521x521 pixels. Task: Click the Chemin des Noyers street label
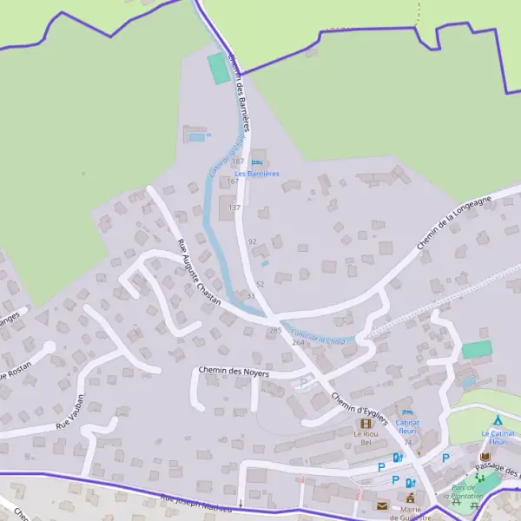click(x=234, y=372)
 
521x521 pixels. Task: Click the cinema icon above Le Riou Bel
click(x=363, y=423)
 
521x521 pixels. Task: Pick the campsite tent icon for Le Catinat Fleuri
click(x=498, y=421)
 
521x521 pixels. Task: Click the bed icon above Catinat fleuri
click(x=407, y=412)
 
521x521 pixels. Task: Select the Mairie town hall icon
click(x=411, y=498)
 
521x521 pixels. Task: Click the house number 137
click(x=234, y=208)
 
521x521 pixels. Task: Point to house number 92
click(x=253, y=241)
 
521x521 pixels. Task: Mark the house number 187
click(x=238, y=162)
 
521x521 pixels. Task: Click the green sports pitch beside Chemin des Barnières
click(x=219, y=69)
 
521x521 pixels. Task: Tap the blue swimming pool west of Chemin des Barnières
click(x=197, y=136)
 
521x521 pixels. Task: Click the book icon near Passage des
click(x=485, y=457)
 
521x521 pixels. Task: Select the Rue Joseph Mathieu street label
click(x=197, y=504)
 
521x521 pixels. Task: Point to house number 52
click(x=260, y=284)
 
